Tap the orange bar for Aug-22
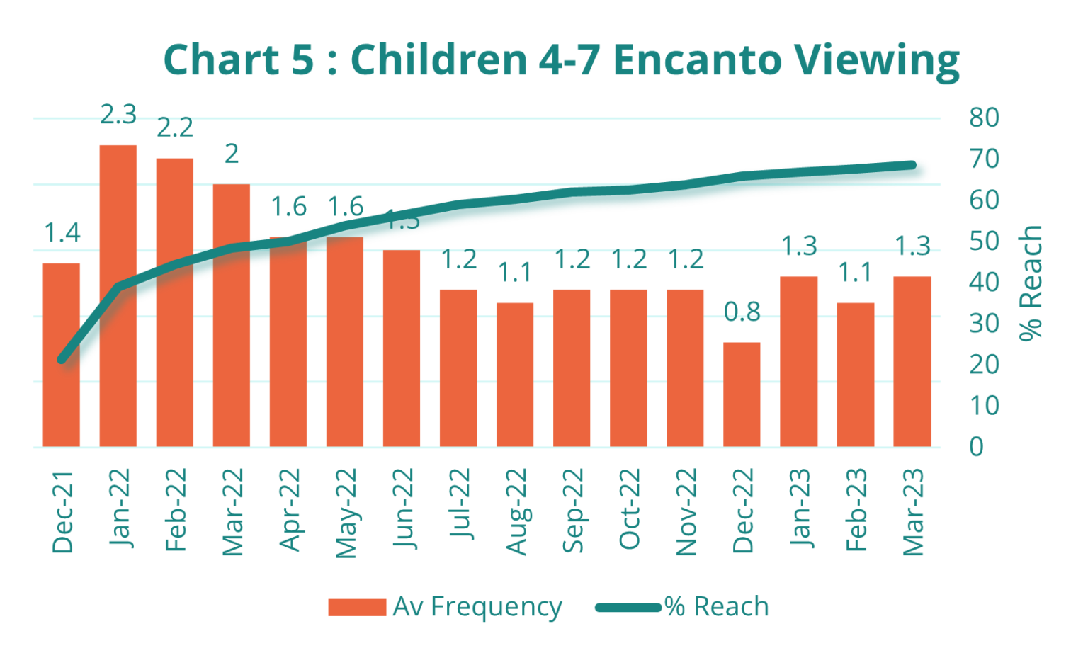pos(515,375)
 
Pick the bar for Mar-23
pos(912,361)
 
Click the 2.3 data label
pos(118,115)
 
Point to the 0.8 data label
pos(742,312)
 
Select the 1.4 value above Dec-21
pos(62,232)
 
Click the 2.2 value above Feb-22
pos(175,128)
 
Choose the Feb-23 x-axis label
pos(856,510)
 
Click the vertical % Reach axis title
pos(1031,283)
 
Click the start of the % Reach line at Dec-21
pos(62,360)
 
